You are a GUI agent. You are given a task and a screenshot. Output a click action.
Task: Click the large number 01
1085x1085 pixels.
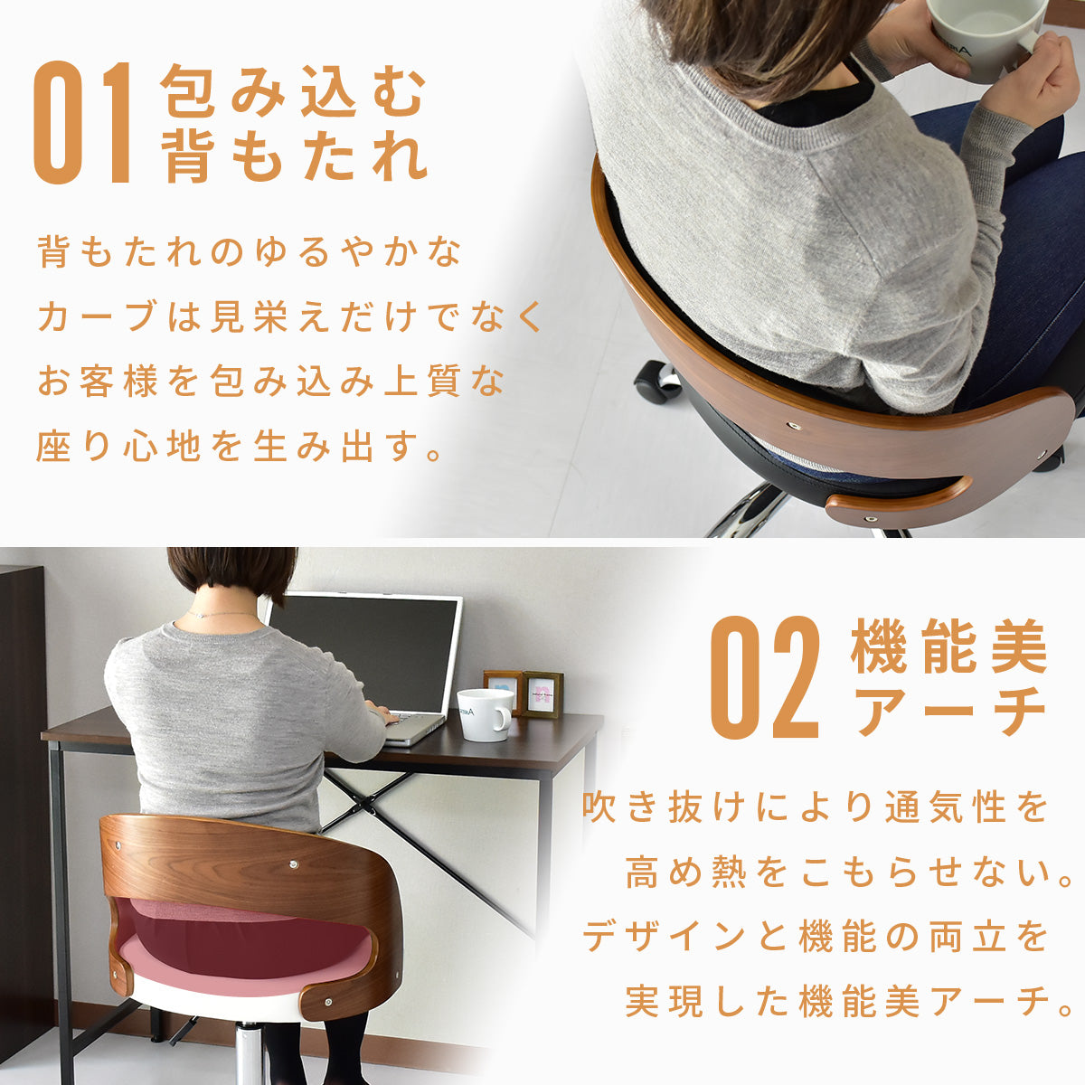[83, 123]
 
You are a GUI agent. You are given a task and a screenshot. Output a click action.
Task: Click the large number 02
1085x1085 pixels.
[765, 677]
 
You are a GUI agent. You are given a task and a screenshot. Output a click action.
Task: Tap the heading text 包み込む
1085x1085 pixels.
[293, 90]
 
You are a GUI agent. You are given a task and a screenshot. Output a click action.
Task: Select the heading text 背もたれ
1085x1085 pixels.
[293, 155]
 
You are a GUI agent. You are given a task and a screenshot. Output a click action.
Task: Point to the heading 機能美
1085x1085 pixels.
[948, 646]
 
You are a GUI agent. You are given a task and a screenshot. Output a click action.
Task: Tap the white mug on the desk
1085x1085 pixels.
[485, 714]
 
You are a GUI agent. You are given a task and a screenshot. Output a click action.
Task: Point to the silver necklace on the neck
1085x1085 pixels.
[222, 614]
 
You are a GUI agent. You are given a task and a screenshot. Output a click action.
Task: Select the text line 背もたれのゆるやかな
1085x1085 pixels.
[250, 251]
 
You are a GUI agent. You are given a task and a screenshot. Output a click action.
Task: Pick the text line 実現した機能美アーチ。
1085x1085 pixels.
[848, 1001]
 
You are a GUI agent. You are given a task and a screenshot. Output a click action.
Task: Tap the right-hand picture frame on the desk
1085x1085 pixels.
[542, 694]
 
